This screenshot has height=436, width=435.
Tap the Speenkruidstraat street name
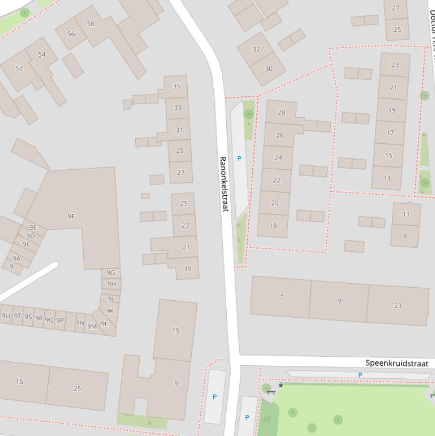397,363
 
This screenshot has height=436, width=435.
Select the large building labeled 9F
71,216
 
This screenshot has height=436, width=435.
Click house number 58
91,24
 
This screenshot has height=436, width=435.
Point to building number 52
19,68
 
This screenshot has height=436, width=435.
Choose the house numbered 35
176,87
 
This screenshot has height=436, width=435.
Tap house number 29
180,151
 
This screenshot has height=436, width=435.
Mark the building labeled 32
256,49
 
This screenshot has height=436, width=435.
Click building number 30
268,69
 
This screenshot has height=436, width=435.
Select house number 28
281,113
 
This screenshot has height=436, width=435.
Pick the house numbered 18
273,225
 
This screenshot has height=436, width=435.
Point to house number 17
390,132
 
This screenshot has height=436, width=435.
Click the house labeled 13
387,178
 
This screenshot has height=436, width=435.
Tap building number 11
406,215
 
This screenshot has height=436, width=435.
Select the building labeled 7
281,297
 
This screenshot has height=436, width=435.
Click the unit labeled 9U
6,315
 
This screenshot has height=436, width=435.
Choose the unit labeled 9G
111,272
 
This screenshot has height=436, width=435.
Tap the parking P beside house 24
239,159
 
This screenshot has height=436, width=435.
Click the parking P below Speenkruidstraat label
360,375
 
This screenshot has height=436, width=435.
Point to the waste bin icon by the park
281,385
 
